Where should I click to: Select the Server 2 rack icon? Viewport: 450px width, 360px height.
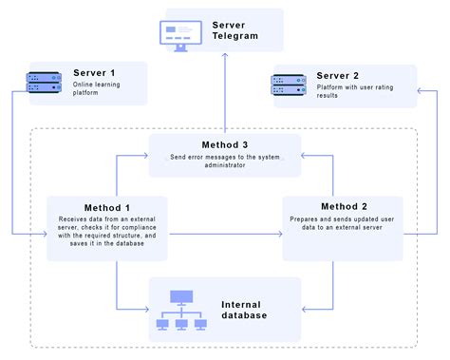click(x=291, y=85)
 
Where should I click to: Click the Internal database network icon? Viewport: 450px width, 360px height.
click(x=182, y=313)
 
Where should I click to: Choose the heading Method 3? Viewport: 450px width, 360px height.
click(x=224, y=143)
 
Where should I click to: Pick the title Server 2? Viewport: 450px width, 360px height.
click(x=337, y=76)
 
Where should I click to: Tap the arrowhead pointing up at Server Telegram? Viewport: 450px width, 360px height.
click(x=225, y=59)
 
